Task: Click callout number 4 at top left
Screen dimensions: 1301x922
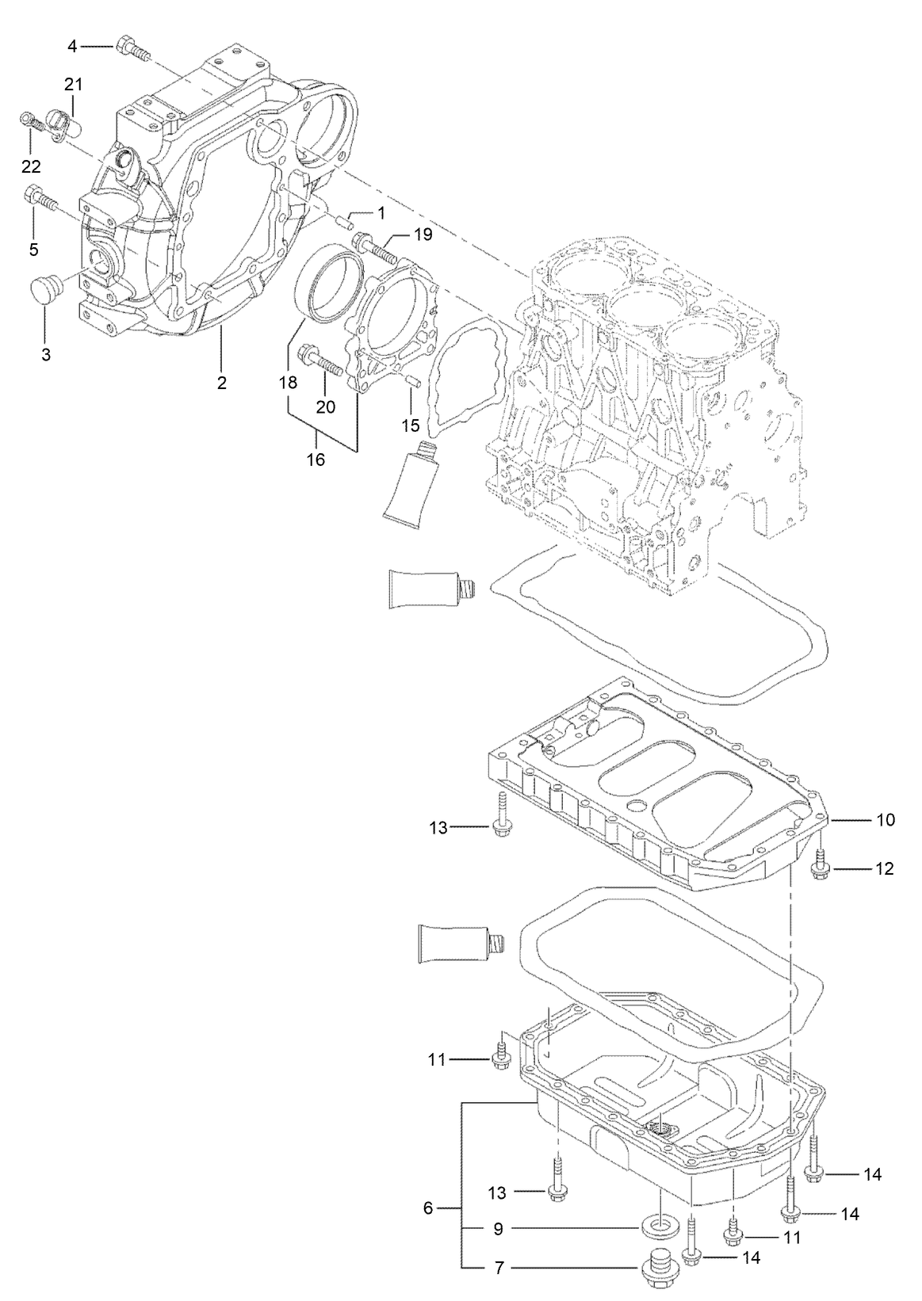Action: (x=72, y=47)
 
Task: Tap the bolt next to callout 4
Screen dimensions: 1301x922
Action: (x=130, y=48)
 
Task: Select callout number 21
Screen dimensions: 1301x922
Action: (x=73, y=85)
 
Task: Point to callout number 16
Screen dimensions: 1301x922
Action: (x=316, y=459)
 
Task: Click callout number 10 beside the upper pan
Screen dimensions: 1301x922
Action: (x=885, y=819)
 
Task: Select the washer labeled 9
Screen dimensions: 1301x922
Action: (x=657, y=1227)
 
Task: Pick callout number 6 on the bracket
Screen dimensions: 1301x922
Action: (x=429, y=1208)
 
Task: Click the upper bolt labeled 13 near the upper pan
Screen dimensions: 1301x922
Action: (x=502, y=817)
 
